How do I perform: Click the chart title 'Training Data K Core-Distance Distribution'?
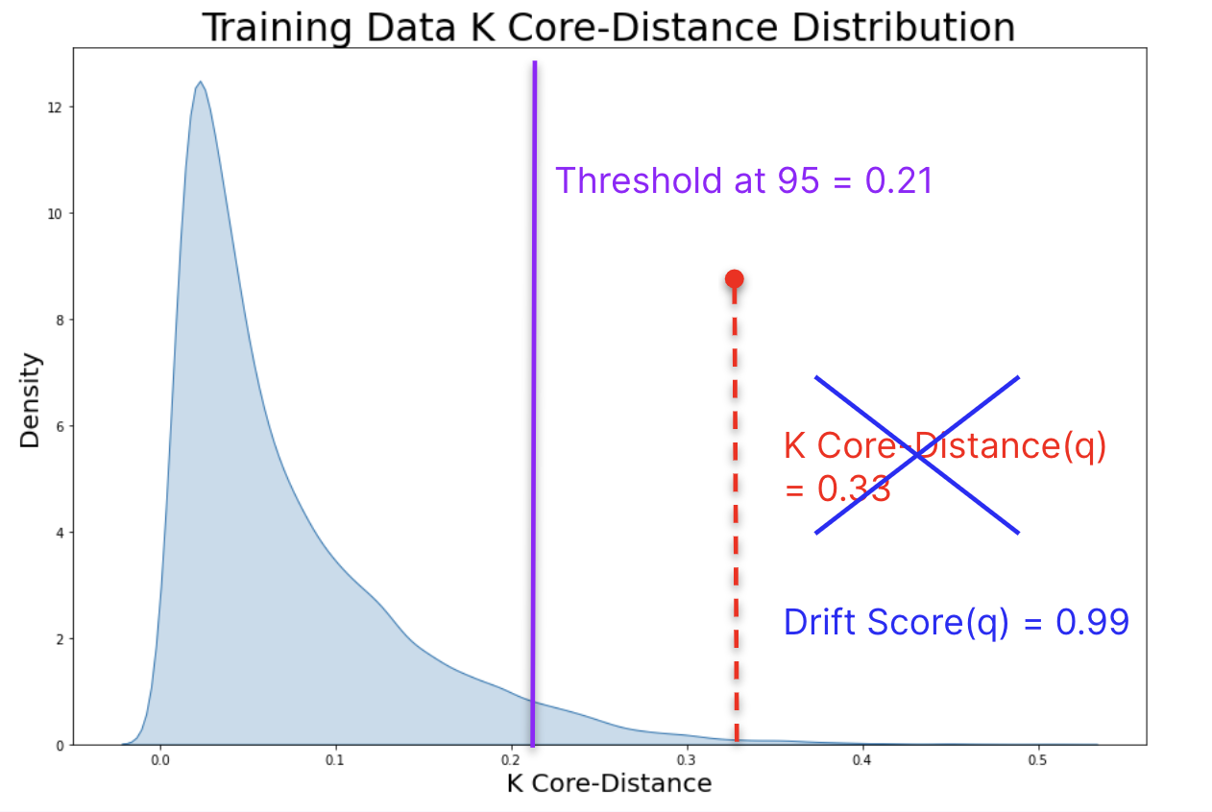[609, 27]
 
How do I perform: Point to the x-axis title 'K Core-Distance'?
[609, 783]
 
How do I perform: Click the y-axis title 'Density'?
[31, 400]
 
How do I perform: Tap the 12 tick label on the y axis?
[57, 107]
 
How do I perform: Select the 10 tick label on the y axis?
[57, 213]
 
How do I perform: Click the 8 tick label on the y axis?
[60, 320]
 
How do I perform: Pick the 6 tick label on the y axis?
[60, 426]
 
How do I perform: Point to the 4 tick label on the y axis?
[60, 533]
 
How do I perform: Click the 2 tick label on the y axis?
[60, 638]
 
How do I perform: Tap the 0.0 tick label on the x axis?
[159, 760]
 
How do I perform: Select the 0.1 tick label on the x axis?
[335, 760]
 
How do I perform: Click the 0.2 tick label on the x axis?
[511, 760]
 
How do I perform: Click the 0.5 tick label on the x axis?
[1037, 760]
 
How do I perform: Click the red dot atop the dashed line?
[735, 279]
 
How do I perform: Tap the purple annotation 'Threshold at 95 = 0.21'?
[744, 180]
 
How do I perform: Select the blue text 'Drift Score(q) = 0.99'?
[956, 622]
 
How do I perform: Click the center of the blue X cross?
[917, 455]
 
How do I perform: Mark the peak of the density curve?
[200, 82]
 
